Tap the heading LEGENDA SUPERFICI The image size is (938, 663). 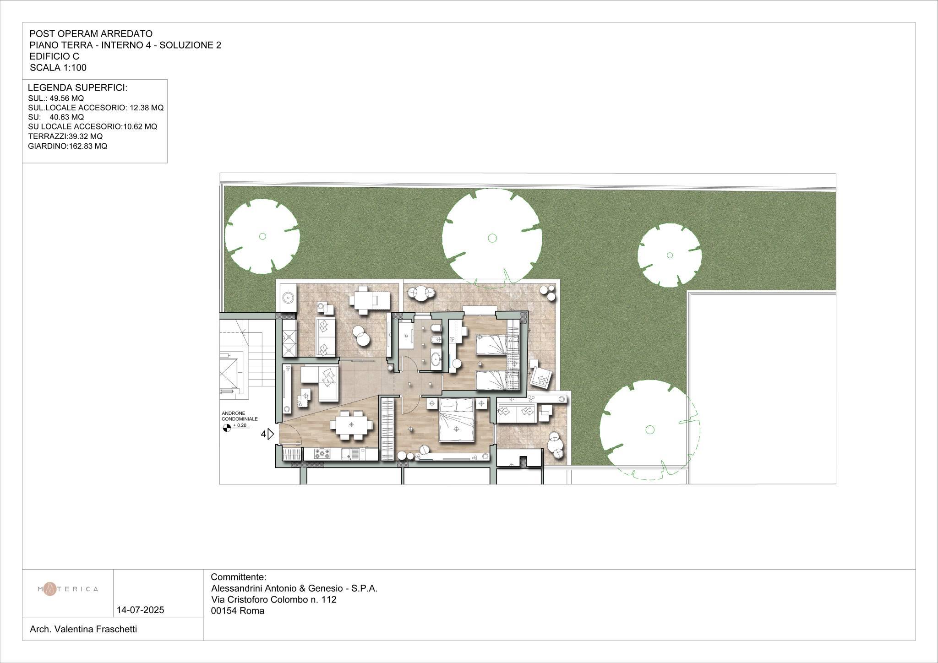click(77, 88)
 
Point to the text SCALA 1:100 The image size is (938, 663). click(58, 68)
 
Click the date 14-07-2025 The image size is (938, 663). click(141, 610)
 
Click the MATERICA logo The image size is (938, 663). click(67, 589)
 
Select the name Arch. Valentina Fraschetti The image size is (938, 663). click(83, 630)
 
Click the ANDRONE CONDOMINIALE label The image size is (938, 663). click(240, 416)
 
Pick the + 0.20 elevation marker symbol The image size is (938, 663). click(226, 428)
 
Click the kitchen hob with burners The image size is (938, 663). click(322, 454)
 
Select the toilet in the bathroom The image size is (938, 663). click(436, 328)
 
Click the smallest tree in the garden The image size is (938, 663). click(670, 255)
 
